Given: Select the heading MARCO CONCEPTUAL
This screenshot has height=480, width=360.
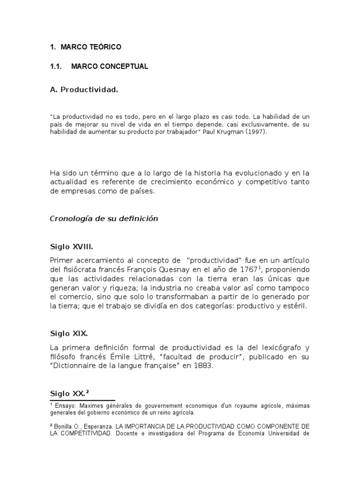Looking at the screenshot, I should (x=110, y=67).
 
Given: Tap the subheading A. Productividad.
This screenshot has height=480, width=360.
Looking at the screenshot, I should (x=84, y=89).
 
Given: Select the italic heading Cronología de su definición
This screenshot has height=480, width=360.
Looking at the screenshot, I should (x=104, y=218).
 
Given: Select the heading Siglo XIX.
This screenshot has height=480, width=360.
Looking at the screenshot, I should (x=69, y=334).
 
